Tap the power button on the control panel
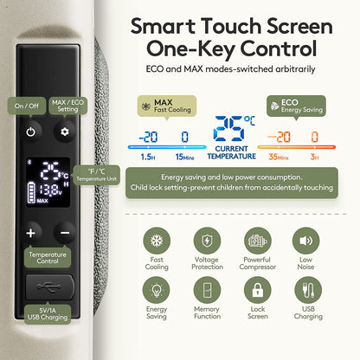pyautogui.click(x=31, y=132)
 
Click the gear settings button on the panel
pyautogui.click(x=65, y=132)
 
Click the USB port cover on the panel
pyautogui.click(x=49, y=287)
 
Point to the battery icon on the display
pyautogui.click(x=31, y=192)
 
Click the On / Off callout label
pyautogui.click(x=27, y=106)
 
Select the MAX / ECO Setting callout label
pyautogui.click(x=67, y=106)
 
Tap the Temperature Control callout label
pyautogui.click(x=48, y=258)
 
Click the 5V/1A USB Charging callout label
pyautogui.click(x=48, y=314)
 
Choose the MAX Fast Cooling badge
pyautogui.click(x=167, y=106)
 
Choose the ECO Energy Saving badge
pyautogui.click(x=296, y=106)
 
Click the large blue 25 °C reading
pyautogui.click(x=234, y=128)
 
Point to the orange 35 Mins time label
pyautogui.click(x=279, y=157)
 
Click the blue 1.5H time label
pyautogui.click(x=148, y=157)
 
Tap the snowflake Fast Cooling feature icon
pyautogui.click(x=157, y=241)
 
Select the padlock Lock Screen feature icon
pyautogui.click(x=258, y=290)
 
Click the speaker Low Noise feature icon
pyautogui.click(x=305, y=241)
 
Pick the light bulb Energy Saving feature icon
pyautogui.click(x=157, y=290)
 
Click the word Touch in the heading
pyautogui.click(x=231, y=26)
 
